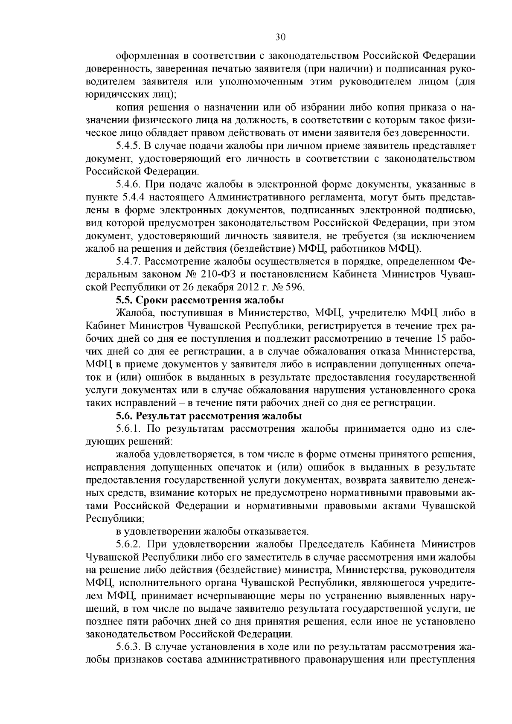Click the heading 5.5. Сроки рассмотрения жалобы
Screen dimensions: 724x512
coord(200,300)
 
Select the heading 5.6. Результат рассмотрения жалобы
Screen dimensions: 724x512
coord(209,416)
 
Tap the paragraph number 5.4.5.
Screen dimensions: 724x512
coord(128,146)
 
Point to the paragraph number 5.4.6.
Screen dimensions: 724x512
coord(128,184)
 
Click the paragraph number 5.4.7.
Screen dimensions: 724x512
coord(128,261)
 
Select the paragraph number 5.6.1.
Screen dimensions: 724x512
coord(128,428)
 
